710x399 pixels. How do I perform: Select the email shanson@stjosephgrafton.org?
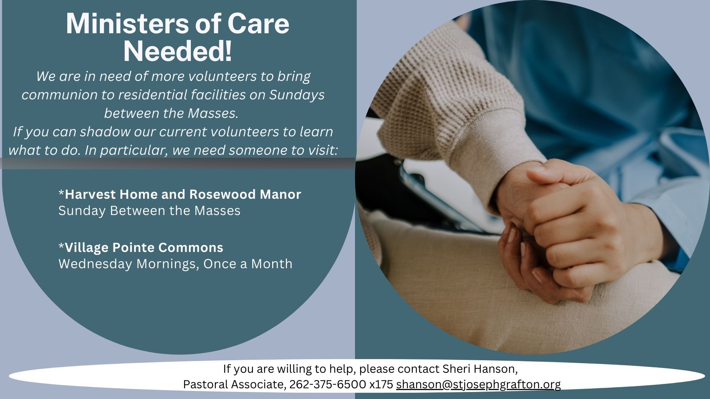click(478, 385)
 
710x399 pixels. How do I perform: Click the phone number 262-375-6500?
click(328, 385)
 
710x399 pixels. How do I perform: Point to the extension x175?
click(381, 385)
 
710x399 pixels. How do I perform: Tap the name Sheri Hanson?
click(480, 369)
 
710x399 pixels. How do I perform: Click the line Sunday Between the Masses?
click(149, 211)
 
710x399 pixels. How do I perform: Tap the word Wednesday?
click(95, 264)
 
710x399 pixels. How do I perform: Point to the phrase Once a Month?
click(248, 264)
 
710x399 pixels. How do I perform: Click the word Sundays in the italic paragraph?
click(297, 95)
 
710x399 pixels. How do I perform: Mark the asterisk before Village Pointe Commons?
click(61, 245)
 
